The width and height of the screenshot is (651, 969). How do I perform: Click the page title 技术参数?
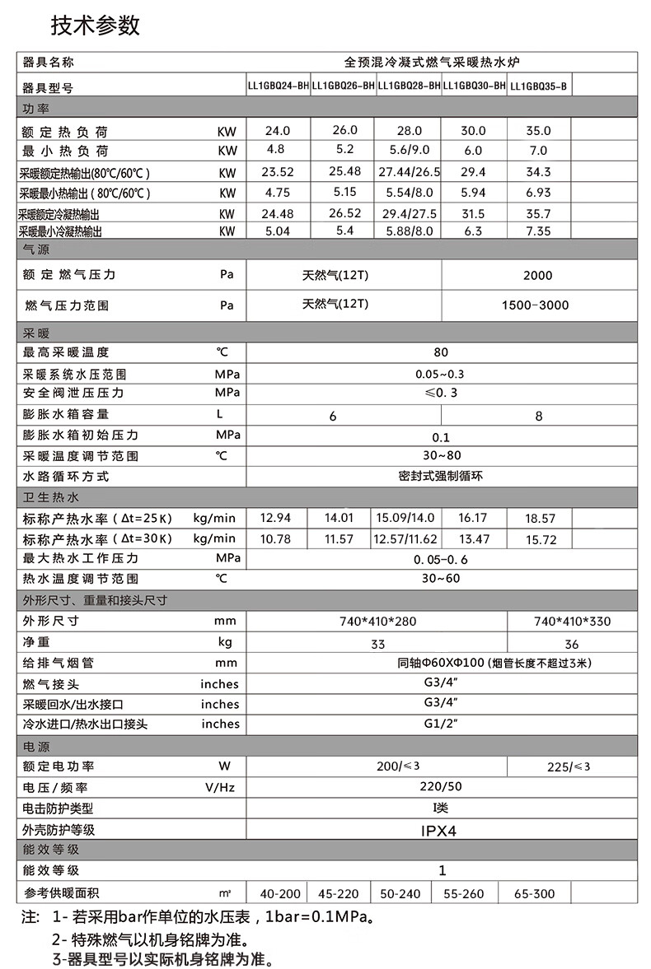coord(96,26)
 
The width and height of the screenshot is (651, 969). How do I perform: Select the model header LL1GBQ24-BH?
coord(279,86)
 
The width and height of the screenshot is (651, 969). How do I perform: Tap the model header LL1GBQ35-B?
coord(538,86)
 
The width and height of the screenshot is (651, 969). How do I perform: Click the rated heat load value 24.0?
coord(279,131)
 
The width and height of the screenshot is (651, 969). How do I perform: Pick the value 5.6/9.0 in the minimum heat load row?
coord(408,151)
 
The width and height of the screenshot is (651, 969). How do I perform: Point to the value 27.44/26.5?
coord(409,172)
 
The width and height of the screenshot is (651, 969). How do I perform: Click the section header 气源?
coord(36,249)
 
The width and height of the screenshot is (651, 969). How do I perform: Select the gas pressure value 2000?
coord(537,275)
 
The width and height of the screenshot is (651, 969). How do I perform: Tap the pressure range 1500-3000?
coord(535,305)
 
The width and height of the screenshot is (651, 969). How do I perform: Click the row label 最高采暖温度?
coord(66,352)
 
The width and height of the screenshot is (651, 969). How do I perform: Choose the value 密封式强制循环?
coord(440,477)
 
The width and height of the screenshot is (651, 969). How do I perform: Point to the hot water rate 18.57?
coord(540,519)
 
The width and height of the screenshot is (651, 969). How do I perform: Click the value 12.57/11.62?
coord(405,539)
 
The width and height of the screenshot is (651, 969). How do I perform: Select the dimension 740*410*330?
coord(572,622)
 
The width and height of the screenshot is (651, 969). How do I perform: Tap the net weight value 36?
coord(572,644)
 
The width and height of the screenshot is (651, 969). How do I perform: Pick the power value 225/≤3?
coord(569,766)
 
